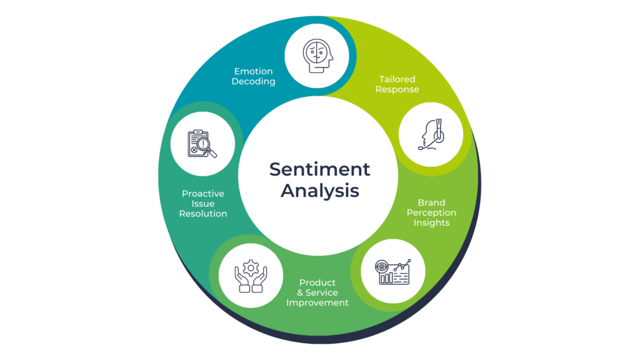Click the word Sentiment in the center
coord(319,169)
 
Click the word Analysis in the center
coord(319,191)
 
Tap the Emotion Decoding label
coord(253,76)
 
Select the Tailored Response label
coord(397,84)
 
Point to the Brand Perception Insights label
coord(431,212)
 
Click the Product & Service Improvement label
coord(317,292)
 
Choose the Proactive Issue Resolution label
coord(203,204)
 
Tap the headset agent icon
coord(431,134)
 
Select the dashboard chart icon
coord(393,271)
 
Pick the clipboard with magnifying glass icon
coord(202,144)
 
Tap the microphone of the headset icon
coord(422,148)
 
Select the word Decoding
coord(253,82)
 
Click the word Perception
coord(431,212)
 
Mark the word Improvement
coord(317,302)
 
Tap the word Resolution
coord(203,214)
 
